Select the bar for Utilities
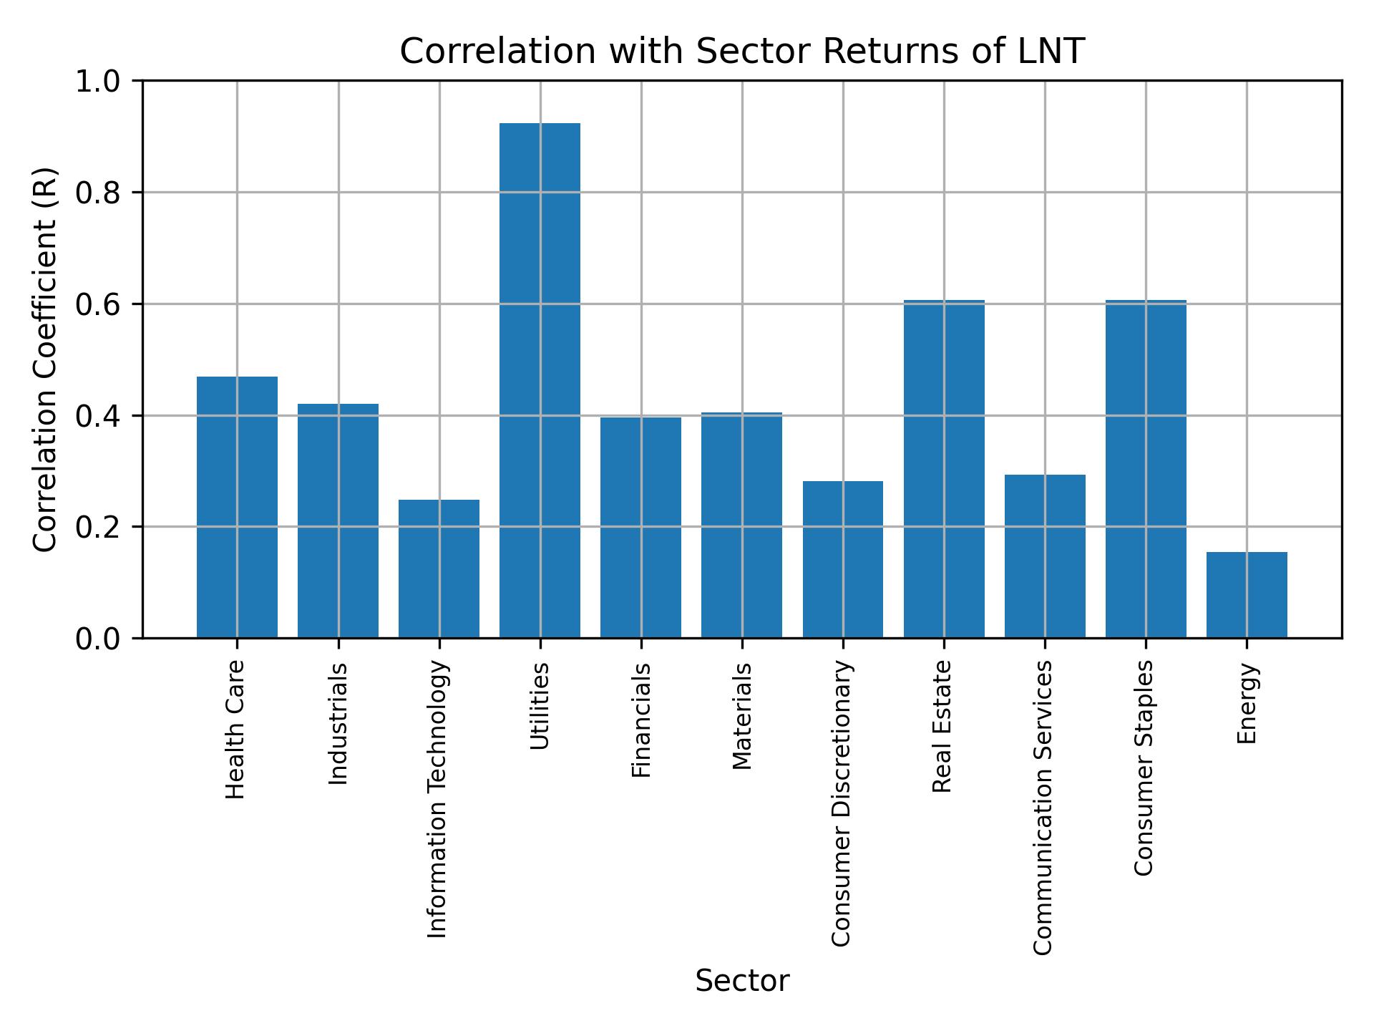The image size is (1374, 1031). (540, 380)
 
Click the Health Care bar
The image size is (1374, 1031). (237, 507)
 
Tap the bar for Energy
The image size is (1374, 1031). (1247, 594)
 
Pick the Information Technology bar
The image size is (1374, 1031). (439, 568)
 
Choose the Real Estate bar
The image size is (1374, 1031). (944, 468)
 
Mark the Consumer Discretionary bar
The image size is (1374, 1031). (842, 559)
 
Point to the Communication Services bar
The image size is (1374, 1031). (1045, 556)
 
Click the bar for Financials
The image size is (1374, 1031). (640, 527)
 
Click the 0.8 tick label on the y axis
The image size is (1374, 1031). (97, 193)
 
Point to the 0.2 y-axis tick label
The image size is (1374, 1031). (97, 527)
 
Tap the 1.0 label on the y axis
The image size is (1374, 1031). (97, 82)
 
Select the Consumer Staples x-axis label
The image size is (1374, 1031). (1144, 768)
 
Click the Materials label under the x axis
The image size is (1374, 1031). (743, 716)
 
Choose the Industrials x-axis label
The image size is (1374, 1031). (338, 724)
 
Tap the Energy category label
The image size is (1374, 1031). (1247, 704)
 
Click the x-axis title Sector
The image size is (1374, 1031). (742, 981)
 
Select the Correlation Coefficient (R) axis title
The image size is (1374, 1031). (45, 359)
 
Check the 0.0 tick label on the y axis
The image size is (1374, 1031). (97, 639)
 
